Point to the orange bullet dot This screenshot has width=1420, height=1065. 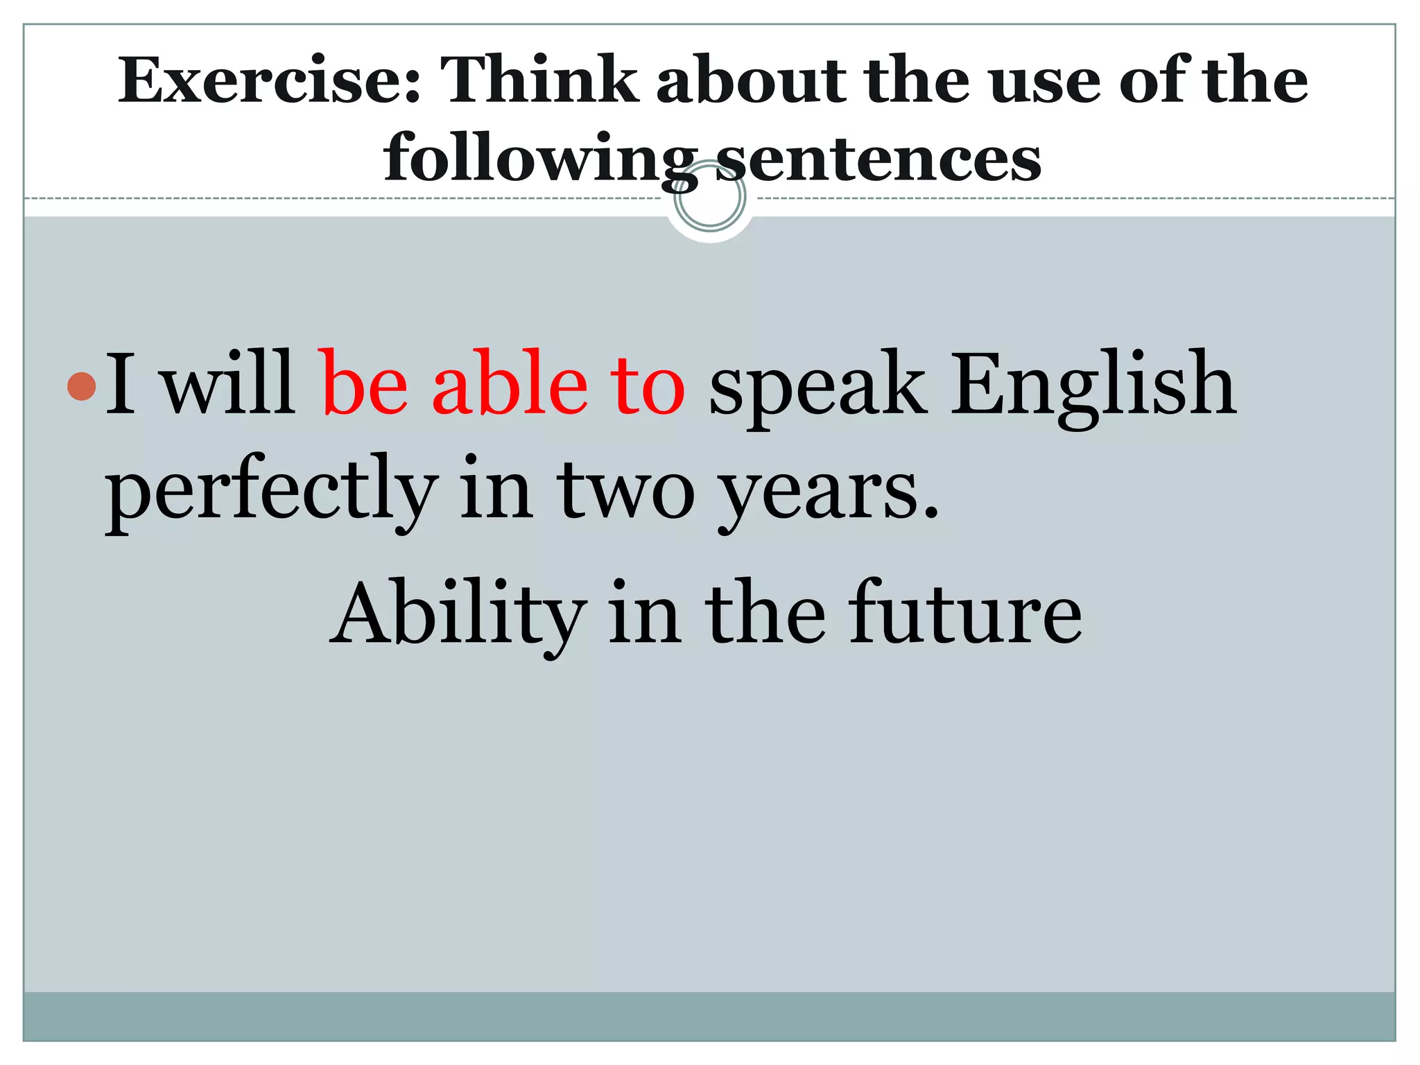coord(82,386)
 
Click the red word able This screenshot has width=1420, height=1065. coord(510,385)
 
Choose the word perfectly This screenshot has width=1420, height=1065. coord(271,492)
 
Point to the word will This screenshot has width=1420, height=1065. coord(228,385)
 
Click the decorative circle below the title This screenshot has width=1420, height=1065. coord(710,198)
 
